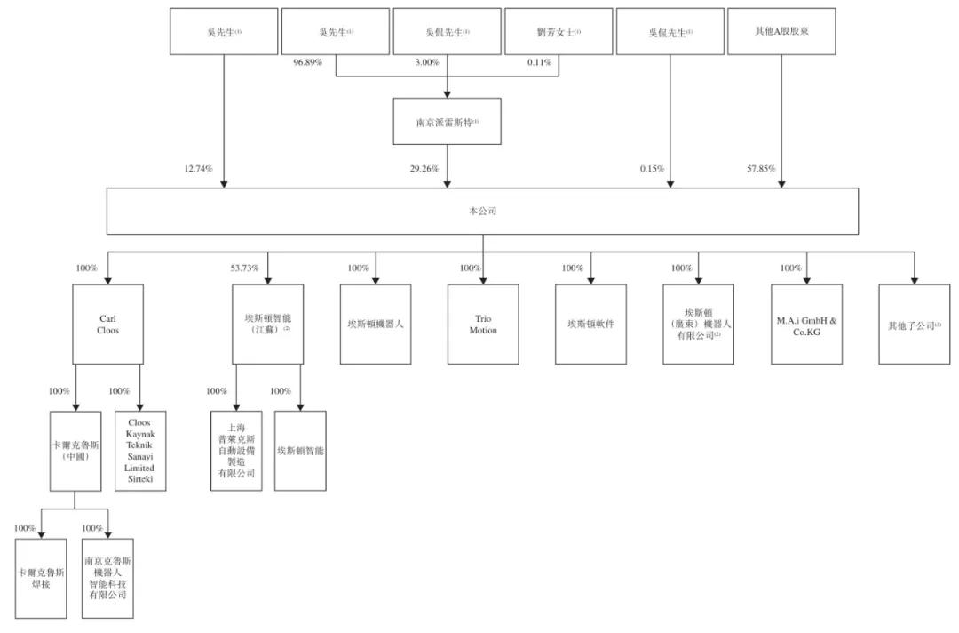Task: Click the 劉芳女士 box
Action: pyautogui.click(x=559, y=32)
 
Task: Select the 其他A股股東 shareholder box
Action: pyautogui.click(x=781, y=32)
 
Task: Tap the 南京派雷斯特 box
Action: pyautogui.click(x=447, y=122)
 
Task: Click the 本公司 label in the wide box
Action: pyautogui.click(x=482, y=212)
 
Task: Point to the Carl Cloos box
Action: pyautogui.click(x=108, y=325)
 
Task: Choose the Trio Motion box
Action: pyautogui.click(x=483, y=325)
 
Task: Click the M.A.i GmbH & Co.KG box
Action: pyautogui.click(x=806, y=325)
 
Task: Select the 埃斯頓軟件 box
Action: pyautogui.click(x=590, y=325)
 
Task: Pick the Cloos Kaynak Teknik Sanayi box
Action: pyautogui.click(x=139, y=451)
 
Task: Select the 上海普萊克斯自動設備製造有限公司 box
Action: pyautogui.click(x=236, y=451)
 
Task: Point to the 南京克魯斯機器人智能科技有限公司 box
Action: pyautogui.click(x=108, y=579)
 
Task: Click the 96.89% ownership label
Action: pyautogui.click(x=307, y=63)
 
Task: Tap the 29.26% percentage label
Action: pyautogui.click(x=424, y=169)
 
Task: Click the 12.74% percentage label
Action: pyautogui.click(x=197, y=169)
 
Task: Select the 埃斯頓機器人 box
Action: pyautogui.click(x=376, y=325)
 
